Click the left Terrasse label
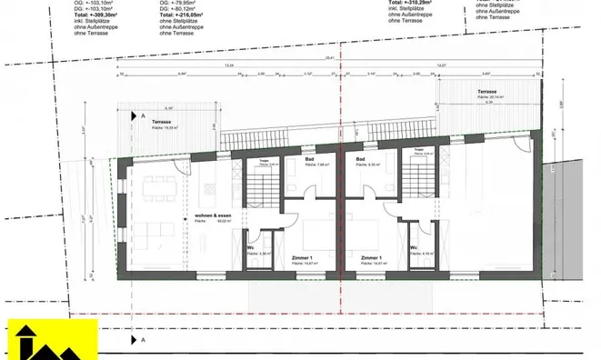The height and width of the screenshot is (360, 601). pyautogui.click(x=163, y=123)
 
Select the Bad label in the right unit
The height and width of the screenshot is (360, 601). pyautogui.click(x=360, y=160)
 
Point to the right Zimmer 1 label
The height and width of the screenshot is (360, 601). pyautogui.click(x=372, y=257)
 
